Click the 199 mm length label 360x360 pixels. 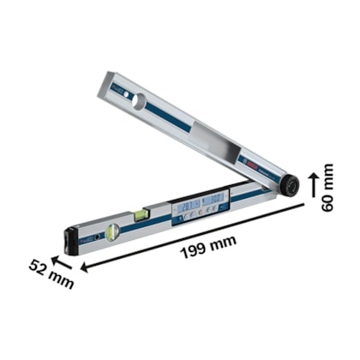coord(210,244)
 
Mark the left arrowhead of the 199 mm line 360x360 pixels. coord(86,268)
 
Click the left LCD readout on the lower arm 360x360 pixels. coord(188,204)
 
